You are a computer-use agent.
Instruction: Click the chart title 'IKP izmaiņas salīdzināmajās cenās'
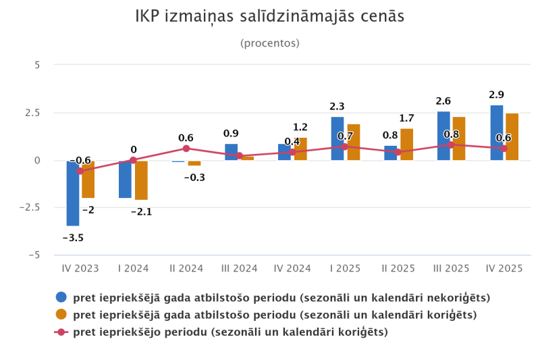click(x=270, y=17)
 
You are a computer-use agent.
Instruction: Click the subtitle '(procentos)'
click(x=270, y=43)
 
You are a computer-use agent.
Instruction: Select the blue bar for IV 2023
click(x=73, y=193)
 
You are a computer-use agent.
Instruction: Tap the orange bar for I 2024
click(x=141, y=180)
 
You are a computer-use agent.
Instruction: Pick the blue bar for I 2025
click(x=337, y=138)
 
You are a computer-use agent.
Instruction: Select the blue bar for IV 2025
click(x=497, y=133)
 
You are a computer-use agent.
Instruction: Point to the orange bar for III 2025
click(x=459, y=138)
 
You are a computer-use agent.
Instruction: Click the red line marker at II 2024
click(x=186, y=149)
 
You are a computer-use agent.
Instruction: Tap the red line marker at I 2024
click(x=133, y=160)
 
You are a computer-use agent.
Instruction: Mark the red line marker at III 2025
click(x=451, y=145)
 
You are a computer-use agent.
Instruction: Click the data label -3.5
click(x=73, y=238)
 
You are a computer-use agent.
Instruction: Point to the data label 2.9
click(x=497, y=95)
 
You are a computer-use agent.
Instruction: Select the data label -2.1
click(x=141, y=211)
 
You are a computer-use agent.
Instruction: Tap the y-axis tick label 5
click(x=38, y=65)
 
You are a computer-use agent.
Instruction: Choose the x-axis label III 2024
click(x=240, y=268)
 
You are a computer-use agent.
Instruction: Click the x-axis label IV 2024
click(x=292, y=268)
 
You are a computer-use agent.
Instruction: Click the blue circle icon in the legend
click(x=61, y=297)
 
